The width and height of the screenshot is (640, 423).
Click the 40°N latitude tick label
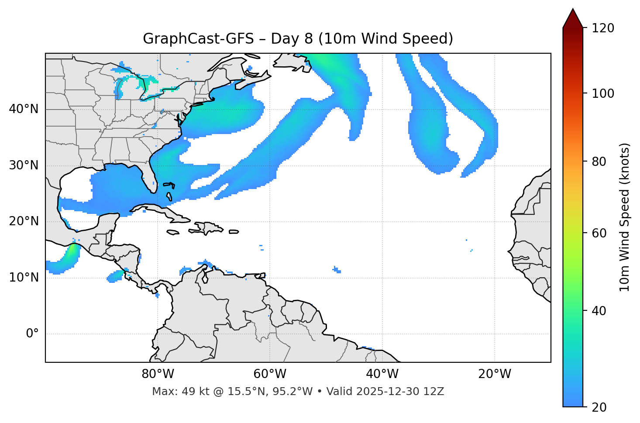point(24,109)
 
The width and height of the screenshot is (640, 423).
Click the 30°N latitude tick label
point(24,165)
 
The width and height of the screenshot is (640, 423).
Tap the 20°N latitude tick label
point(24,221)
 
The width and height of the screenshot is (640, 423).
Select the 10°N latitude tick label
point(24,278)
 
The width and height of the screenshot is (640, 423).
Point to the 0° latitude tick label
point(32,334)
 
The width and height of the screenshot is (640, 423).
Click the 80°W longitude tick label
point(158,374)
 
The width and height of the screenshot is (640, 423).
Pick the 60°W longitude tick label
point(270,374)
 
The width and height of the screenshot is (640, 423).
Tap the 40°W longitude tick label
point(382,374)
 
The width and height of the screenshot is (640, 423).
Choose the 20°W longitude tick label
point(494,374)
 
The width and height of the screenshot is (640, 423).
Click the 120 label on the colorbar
point(602,28)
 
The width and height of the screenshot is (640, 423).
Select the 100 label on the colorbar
point(602,93)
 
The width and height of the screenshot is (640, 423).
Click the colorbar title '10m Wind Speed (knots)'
point(625,217)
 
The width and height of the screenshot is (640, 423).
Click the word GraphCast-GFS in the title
point(198,39)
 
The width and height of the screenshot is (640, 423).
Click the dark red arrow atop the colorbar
point(573,18)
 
